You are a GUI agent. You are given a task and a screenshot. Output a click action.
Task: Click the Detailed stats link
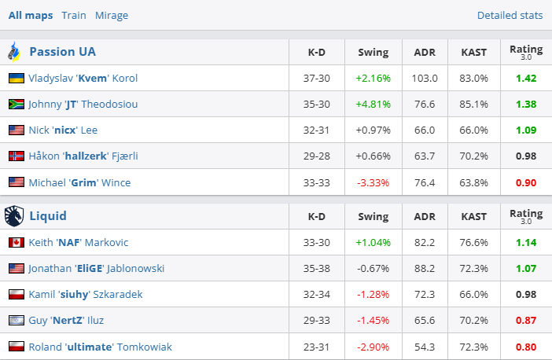coord(510,15)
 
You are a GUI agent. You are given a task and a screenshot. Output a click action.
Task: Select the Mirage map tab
coord(111,15)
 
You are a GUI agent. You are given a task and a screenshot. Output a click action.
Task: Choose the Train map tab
coord(74,15)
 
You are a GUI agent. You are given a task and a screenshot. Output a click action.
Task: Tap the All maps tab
coord(31,15)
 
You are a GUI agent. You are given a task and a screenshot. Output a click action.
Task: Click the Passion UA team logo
coord(14,52)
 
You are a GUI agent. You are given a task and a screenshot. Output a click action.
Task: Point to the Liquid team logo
coord(14,215)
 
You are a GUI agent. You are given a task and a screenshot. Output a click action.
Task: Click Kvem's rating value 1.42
coord(526,79)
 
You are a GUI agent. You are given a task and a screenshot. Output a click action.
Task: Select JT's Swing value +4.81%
coord(373,105)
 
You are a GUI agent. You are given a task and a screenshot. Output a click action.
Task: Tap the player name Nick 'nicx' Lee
coord(63,130)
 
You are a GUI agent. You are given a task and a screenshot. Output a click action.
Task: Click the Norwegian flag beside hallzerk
coord(16,156)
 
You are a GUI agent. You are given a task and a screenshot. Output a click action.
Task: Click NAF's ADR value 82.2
coord(425,243)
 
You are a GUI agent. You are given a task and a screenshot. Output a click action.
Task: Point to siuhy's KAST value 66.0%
coord(474,295)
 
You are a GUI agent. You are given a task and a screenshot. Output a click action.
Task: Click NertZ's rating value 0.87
coord(526,321)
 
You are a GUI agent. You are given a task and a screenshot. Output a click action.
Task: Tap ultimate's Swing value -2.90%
coord(373,347)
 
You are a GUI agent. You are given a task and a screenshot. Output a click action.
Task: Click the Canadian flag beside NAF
coord(16,243)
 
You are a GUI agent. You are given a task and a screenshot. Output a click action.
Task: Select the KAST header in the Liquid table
coord(474,216)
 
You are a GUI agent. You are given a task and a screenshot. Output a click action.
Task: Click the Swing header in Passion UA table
coord(373,53)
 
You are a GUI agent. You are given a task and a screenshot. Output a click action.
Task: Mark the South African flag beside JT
coord(16,105)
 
